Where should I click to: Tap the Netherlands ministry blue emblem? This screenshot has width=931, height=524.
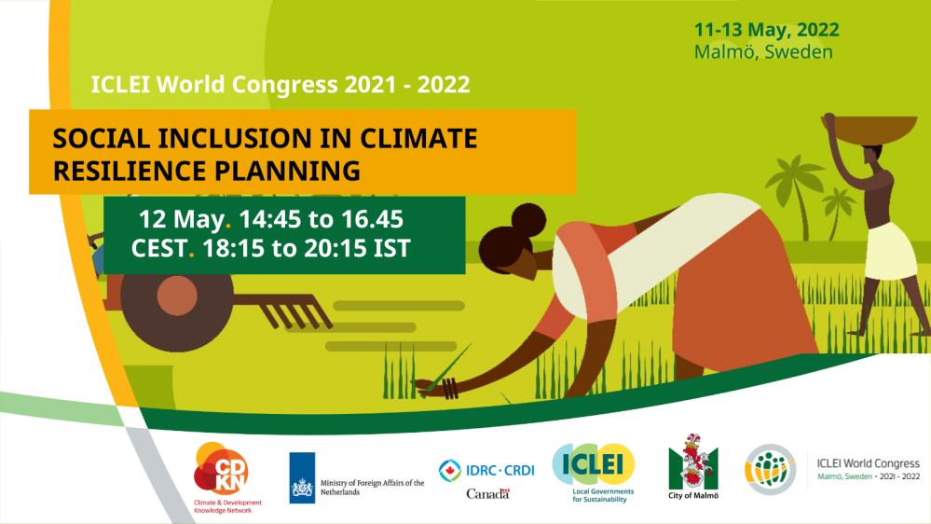click(302, 477)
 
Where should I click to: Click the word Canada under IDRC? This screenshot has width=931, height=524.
click(488, 494)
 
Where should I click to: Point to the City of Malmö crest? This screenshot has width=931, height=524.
click(693, 466)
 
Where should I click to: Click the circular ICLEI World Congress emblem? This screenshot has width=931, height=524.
click(770, 469)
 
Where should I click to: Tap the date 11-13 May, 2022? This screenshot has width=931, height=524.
click(767, 30)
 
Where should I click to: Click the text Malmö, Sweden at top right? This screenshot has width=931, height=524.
click(763, 52)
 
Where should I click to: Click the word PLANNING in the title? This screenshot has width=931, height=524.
click(287, 172)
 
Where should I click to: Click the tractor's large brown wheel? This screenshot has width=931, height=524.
click(176, 296)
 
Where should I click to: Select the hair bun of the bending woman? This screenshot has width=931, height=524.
click(527, 220)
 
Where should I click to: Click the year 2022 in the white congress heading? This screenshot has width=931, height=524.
click(443, 84)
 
